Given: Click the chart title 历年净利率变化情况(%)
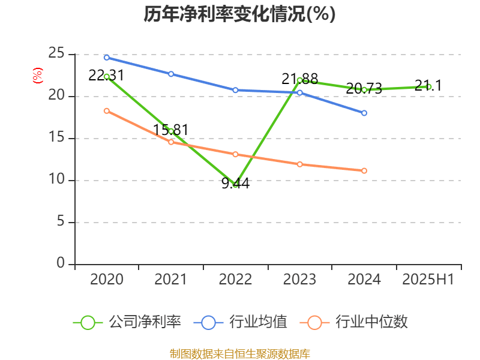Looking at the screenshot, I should tap(239, 14).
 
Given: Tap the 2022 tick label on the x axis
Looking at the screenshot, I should tap(235, 280).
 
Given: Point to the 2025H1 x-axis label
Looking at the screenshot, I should tap(428, 280).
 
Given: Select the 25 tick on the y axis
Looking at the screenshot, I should tap(56, 54).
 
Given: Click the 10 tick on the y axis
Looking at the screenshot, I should tap(56, 180).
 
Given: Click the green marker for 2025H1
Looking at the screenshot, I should tap(428, 86).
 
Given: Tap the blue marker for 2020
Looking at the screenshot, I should tap(107, 58).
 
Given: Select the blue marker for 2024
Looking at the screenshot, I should tap(364, 113).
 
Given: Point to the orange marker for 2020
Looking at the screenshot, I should tap(107, 110).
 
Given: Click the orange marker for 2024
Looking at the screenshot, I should tap(364, 170).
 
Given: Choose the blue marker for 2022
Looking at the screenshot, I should tap(235, 90).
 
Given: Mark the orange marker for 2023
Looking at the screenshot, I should tap(300, 164).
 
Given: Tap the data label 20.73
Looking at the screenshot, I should tap(364, 89).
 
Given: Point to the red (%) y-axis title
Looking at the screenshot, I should tap(37, 76).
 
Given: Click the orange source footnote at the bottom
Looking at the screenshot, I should tap(239, 353).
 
